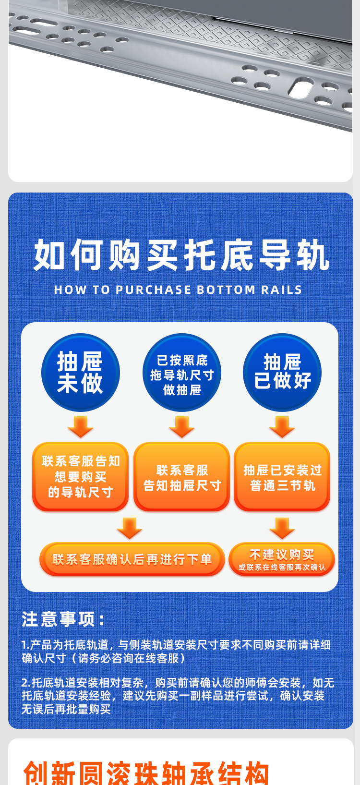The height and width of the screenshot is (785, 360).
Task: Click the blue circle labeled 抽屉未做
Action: pos(81,372)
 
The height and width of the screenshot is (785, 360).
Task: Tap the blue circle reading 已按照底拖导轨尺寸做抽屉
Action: pos(182,372)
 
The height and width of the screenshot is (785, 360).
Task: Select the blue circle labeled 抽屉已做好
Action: pos(282,372)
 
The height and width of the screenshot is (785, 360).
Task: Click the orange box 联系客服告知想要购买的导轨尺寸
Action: pos(81,477)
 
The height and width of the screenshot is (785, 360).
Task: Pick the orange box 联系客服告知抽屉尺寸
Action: pos(182,477)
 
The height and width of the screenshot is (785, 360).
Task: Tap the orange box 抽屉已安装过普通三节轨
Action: pos(282,477)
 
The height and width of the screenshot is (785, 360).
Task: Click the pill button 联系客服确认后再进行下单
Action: pos(132,559)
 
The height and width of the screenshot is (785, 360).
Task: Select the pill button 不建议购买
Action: pos(282,559)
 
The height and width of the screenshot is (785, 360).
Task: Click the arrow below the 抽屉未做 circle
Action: pos(81,427)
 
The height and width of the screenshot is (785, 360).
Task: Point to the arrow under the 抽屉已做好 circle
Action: pos(282,427)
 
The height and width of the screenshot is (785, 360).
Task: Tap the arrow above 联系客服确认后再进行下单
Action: pos(130,528)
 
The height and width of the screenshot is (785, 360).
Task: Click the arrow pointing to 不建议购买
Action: pos(282,528)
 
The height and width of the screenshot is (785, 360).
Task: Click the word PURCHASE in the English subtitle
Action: pos(154,290)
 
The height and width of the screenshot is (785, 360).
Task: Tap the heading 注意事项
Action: pos(63,619)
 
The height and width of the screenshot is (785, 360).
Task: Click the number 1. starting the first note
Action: pos(25,644)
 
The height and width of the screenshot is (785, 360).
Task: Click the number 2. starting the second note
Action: pos(26,682)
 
